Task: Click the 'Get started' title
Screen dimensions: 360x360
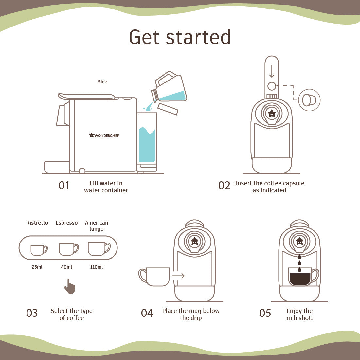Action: click(180, 37)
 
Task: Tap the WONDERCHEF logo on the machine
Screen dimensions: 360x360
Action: click(104, 135)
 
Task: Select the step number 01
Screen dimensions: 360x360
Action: click(64, 186)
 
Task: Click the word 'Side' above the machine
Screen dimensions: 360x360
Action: click(102, 82)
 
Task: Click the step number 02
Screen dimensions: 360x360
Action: click(224, 186)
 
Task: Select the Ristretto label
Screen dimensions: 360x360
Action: click(37, 223)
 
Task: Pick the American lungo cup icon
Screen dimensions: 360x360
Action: click(99, 249)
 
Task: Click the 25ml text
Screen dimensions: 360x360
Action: click(37, 267)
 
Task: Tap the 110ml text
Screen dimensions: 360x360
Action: click(97, 267)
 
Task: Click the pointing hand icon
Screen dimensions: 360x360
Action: click(70, 287)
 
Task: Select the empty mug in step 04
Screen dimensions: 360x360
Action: click(155, 277)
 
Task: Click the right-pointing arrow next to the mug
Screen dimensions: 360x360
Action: click(178, 276)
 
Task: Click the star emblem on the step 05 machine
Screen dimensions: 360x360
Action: click(299, 241)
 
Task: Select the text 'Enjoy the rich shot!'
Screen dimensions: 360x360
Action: click(299, 315)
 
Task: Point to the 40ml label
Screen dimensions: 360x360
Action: click(66, 267)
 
